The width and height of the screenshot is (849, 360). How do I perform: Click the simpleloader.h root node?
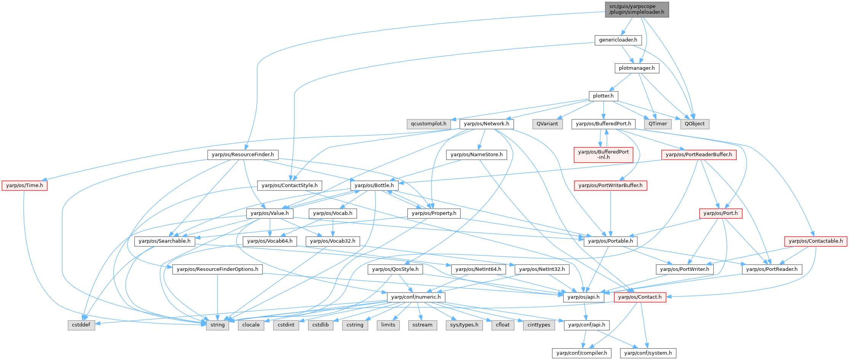click(636, 9)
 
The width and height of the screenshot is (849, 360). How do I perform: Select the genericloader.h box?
click(618, 40)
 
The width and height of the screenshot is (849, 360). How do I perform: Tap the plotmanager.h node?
click(636, 68)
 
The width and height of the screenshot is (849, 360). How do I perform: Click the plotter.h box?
click(603, 96)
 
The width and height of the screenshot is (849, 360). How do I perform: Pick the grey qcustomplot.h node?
click(428, 124)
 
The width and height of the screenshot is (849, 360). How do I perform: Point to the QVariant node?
click(547, 124)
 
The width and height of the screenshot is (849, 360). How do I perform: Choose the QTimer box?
click(658, 124)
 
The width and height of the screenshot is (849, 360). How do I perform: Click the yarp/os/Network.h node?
click(486, 124)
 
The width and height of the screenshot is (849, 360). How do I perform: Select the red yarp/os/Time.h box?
click(25, 186)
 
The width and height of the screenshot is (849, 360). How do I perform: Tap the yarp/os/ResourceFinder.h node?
click(243, 155)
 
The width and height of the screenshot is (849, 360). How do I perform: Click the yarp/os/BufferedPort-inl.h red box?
click(603, 155)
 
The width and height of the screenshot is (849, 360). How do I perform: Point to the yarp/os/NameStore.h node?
click(476, 155)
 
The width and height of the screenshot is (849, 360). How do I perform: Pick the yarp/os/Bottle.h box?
click(374, 186)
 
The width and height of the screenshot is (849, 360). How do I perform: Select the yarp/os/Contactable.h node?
click(815, 241)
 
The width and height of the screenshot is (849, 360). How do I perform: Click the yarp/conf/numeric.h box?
click(416, 297)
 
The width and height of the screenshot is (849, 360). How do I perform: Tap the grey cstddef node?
click(82, 325)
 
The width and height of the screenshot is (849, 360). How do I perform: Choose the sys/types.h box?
click(464, 325)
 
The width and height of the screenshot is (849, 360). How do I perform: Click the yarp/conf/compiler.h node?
click(582, 353)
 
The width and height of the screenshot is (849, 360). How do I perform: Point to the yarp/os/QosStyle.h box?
click(395, 269)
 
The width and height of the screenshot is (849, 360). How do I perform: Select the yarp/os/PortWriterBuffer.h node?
click(610, 186)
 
